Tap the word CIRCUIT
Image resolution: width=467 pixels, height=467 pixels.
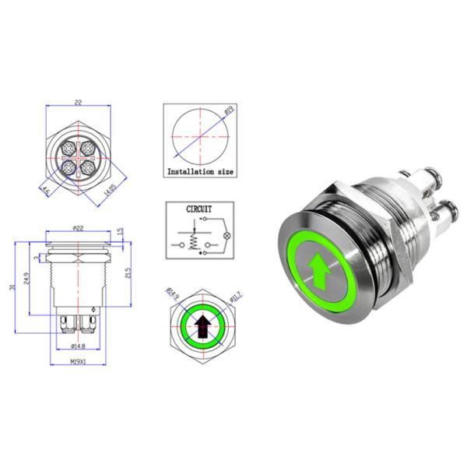point(199,209)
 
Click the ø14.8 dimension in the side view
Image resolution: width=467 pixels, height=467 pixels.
point(77,346)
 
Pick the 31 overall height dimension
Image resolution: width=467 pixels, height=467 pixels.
point(10,286)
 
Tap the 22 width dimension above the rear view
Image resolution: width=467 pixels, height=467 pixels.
point(78,100)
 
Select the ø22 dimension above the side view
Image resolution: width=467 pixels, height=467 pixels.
point(77,226)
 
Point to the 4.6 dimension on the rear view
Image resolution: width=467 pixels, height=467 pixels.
point(46,189)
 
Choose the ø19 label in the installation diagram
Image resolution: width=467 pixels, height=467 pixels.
point(227,114)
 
